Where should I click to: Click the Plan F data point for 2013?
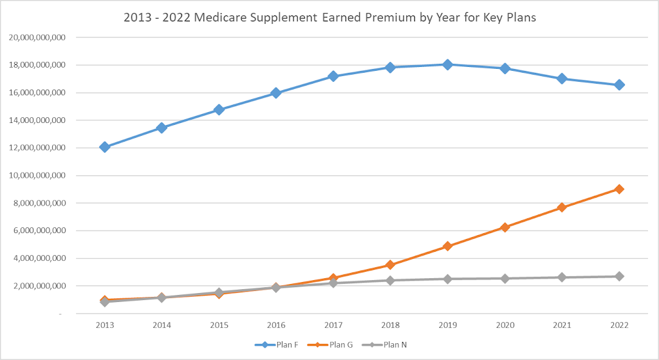(105, 147)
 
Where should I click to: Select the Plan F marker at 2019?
(448, 64)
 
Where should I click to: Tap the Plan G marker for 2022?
(619, 189)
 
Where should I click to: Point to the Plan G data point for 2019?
(448, 246)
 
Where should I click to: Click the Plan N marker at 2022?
(619, 276)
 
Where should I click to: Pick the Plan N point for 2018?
(391, 280)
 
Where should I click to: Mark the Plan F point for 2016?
(276, 93)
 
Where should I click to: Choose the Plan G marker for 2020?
(505, 227)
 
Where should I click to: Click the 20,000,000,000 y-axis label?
(37, 37)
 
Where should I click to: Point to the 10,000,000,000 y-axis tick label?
(37, 175)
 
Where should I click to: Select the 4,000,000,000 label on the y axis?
(40, 258)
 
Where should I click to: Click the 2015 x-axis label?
(219, 326)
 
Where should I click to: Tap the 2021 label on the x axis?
(562, 326)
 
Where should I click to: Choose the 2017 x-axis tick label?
(333, 326)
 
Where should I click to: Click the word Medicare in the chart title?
(219, 18)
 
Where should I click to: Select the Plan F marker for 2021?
(562, 79)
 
